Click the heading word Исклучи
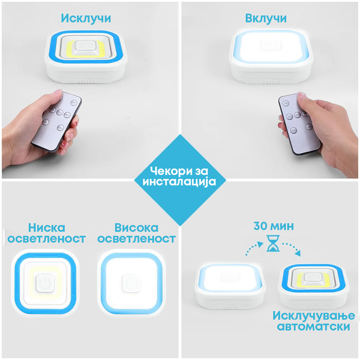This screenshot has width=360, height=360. pyautogui.click(x=86, y=18)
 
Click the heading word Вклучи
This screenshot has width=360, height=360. pyautogui.click(x=266, y=18)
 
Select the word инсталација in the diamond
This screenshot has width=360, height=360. pyautogui.click(x=179, y=181)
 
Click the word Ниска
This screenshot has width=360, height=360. pyautogui.click(x=47, y=227)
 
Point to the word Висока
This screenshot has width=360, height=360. pyautogui.click(x=136, y=227)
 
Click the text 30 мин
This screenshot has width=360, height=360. pyautogui.click(x=274, y=226)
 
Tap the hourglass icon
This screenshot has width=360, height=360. pyautogui.click(x=273, y=243)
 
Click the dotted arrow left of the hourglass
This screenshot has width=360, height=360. pyautogui.click(x=254, y=247)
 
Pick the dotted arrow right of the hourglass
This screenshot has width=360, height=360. pyautogui.click(x=292, y=248)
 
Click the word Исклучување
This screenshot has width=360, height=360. pyautogui.click(x=314, y=316)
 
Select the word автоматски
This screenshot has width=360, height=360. pyautogui.click(x=314, y=326)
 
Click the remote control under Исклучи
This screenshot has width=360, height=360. pyautogui.click(x=56, y=121)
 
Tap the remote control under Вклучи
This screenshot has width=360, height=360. pyautogui.click(x=299, y=124)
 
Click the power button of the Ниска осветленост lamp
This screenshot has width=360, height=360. pyautogui.click(x=45, y=283)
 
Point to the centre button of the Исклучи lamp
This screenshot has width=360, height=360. pyautogui.click(x=86, y=48)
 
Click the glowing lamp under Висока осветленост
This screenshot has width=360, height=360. pyautogui.click(x=131, y=284)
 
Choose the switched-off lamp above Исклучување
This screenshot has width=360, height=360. pyautogui.click(x=314, y=286)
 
